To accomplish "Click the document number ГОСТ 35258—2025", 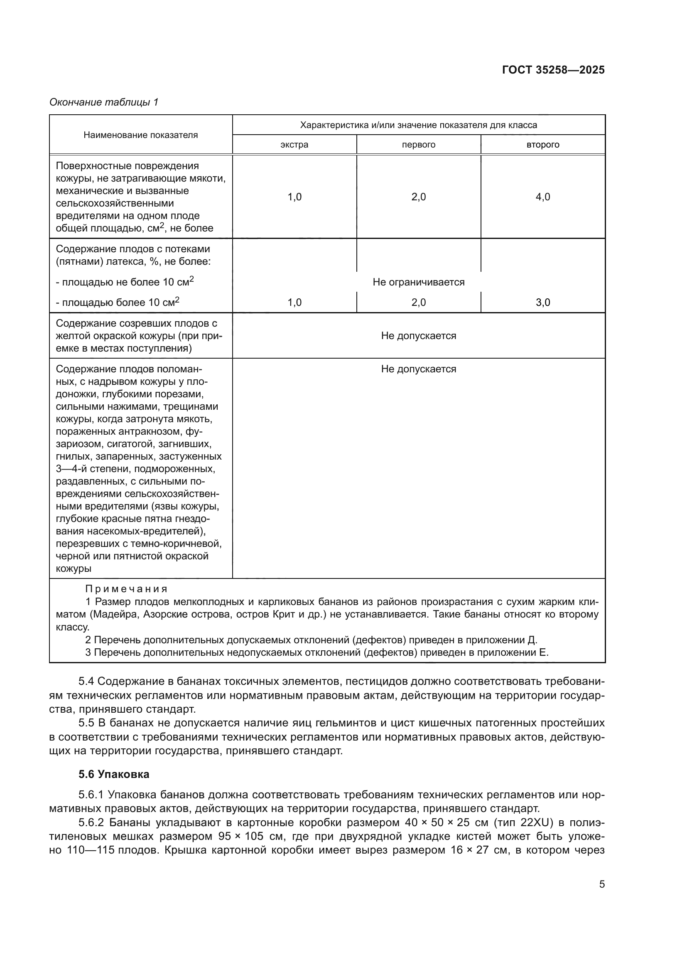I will [553, 70].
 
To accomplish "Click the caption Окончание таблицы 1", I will [104, 102].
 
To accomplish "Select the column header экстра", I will [294, 145].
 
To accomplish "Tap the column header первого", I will [418, 145].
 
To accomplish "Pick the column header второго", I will [543, 145].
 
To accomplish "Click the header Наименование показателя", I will [140, 135].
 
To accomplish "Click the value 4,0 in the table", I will [543, 197].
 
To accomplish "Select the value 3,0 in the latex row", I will [543, 302].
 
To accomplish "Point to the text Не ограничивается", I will [418, 282].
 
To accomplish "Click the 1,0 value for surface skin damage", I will [294, 197].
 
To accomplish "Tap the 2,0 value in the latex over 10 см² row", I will [418, 302].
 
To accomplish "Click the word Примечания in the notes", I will [126, 589].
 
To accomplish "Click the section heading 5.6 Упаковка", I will [114, 774].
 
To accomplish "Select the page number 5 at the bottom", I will [601, 884].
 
